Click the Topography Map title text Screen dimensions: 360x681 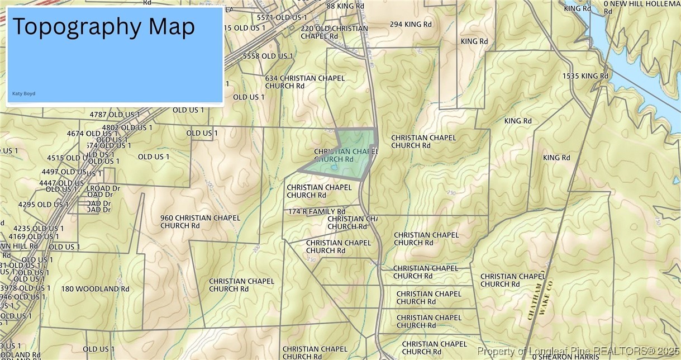click(103, 27)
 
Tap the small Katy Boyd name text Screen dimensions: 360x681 click(23, 93)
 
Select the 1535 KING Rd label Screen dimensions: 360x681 click(585, 76)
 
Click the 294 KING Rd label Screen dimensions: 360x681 click(411, 25)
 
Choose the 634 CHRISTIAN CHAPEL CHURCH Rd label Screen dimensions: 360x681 click(304, 82)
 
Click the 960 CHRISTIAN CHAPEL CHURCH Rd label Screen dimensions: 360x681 click(200, 222)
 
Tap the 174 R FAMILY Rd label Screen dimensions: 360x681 click(317, 212)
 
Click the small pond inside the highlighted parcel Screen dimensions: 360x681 click(334, 167)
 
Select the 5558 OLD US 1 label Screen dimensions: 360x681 click(268, 56)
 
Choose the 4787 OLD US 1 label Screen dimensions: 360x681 click(115, 115)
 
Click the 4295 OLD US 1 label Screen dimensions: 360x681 click(43, 205)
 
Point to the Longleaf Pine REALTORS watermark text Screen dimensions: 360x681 click(578, 351)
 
